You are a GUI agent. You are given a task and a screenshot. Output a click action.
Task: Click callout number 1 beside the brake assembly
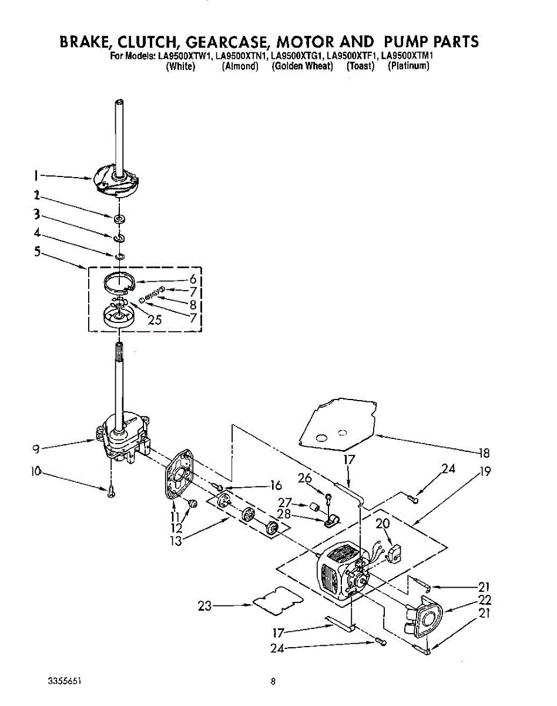(x=36, y=175)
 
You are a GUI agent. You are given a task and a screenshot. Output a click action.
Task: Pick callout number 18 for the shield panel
(x=484, y=453)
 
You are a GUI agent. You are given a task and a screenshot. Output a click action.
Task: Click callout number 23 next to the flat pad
(x=204, y=605)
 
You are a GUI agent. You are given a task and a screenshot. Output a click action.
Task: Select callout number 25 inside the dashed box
(x=155, y=320)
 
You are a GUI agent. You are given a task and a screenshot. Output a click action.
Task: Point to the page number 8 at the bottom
(x=273, y=682)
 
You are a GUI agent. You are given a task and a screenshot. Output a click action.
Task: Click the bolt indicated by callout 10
(x=110, y=492)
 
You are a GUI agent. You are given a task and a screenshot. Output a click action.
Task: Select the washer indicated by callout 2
(x=120, y=219)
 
